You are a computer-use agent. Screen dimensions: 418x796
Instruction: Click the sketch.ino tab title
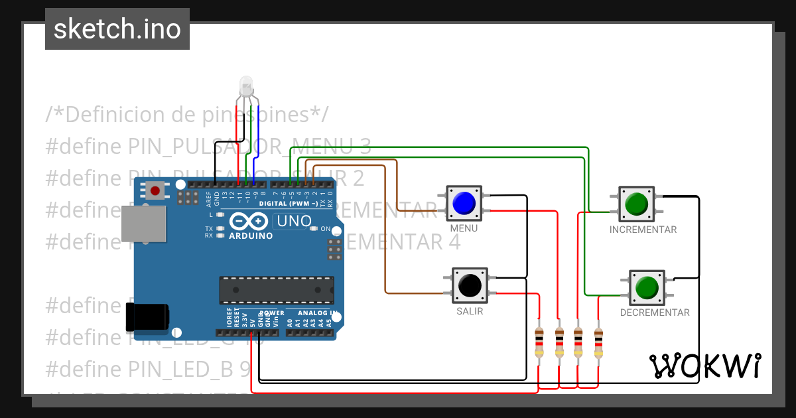click(x=117, y=29)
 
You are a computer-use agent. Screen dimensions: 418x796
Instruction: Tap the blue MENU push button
click(x=464, y=203)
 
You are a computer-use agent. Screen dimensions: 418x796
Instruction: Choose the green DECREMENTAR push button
click(x=646, y=287)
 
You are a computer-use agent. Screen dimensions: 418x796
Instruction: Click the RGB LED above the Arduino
click(x=246, y=86)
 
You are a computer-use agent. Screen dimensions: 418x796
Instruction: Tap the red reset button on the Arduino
click(x=155, y=191)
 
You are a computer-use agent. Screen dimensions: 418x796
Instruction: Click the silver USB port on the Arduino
click(x=143, y=223)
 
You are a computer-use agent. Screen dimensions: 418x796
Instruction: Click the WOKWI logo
click(x=705, y=366)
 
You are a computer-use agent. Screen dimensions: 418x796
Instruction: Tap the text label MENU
click(x=464, y=228)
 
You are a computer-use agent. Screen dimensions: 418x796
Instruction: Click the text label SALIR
click(x=470, y=311)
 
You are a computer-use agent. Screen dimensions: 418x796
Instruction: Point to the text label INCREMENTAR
click(x=643, y=230)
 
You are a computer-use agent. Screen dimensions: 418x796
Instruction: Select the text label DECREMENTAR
click(x=655, y=313)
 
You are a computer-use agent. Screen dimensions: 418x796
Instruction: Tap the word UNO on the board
click(x=289, y=221)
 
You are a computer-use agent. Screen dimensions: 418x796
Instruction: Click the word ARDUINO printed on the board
click(x=251, y=236)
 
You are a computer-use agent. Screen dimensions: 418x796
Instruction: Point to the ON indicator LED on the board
click(x=314, y=229)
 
